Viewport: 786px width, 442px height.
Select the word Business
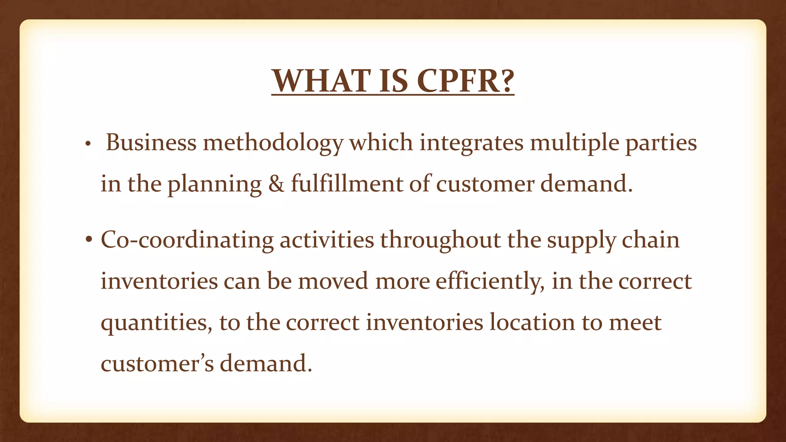coord(151,142)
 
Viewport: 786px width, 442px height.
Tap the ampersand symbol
coord(276,183)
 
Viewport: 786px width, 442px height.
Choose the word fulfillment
coord(347,183)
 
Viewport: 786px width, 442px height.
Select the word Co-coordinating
coord(187,240)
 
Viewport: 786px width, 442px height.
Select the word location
coord(532,322)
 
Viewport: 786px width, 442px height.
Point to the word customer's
coord(157,363)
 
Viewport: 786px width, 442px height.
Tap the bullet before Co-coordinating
coord(89,240)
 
